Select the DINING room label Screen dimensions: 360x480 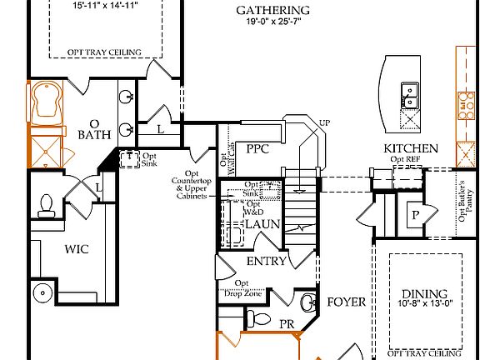click(x=423, y=294)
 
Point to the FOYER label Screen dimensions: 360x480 click(x=346, y=302)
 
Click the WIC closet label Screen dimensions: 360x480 click(x=77, y=248)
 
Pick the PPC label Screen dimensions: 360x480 click(x=257, y=148)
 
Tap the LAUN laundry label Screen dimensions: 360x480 click(x=262, y=225)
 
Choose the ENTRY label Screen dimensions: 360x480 click(x=266, y=261)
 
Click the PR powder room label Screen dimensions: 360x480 click(x=286, y=323)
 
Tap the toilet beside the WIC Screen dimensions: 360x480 click(x=47, y=205)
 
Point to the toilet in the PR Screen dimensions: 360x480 click(x=257, y=318)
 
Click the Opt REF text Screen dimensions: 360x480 click(x=406, y=159)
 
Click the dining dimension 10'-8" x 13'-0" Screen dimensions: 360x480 click(x=425, y=305)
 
